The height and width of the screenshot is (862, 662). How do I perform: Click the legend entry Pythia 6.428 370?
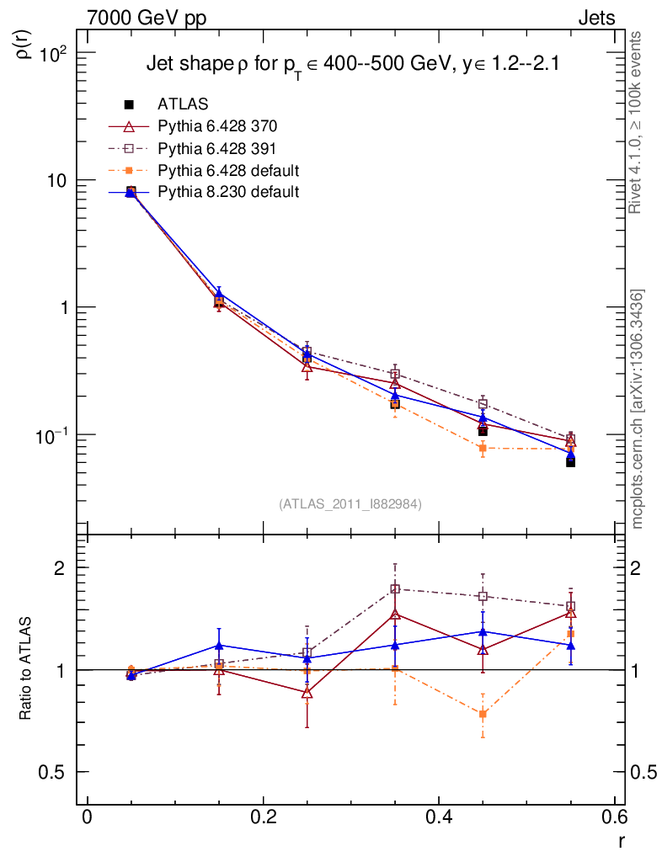217,127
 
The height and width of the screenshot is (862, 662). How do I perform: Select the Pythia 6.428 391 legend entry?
217,149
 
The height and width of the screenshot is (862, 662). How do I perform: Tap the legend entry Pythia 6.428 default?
228,171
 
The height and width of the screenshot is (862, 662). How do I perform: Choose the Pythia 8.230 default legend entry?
228,192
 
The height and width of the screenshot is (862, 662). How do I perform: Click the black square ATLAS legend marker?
130,104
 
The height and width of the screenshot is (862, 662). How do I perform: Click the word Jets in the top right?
595,18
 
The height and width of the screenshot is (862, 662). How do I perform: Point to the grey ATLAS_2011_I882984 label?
350,503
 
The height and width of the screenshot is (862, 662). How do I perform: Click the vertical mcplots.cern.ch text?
638,409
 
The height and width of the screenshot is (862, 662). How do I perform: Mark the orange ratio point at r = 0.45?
483,715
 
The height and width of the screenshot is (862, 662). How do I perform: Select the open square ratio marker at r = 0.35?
395,589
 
